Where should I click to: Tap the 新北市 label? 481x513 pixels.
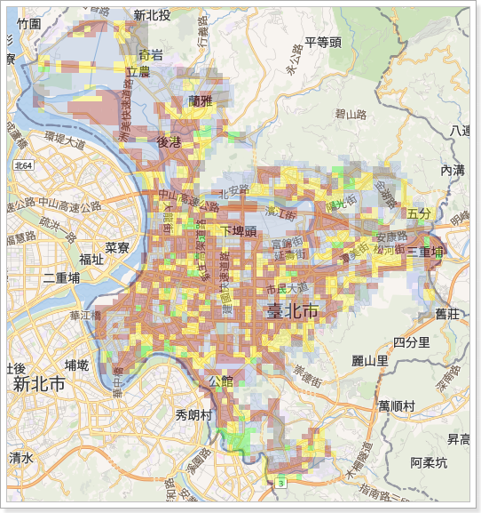point(39,385)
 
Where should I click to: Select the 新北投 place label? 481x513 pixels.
point(152,15)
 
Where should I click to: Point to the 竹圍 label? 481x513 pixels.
point(28,24)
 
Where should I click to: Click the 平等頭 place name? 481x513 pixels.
point(322,42)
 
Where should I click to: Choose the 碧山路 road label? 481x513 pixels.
point(351,114)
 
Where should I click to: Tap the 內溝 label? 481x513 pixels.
point(452,170)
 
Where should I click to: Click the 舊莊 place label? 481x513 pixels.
point(447,313)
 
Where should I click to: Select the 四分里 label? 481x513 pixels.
point(412,342)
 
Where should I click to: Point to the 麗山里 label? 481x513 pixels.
point(369,361)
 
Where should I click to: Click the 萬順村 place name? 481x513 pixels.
point(396,405)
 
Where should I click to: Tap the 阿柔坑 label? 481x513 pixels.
point(429,462)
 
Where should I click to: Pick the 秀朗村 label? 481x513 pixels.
point(193,414)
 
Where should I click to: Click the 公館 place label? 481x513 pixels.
point(220,382)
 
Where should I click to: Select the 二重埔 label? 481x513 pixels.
point(60,278)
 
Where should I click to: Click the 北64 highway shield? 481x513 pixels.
point(24,165)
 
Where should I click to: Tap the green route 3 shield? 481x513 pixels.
point(280,483)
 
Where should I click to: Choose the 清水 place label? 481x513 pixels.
point(21,458)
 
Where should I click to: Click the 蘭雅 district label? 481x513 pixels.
point(201,101)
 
